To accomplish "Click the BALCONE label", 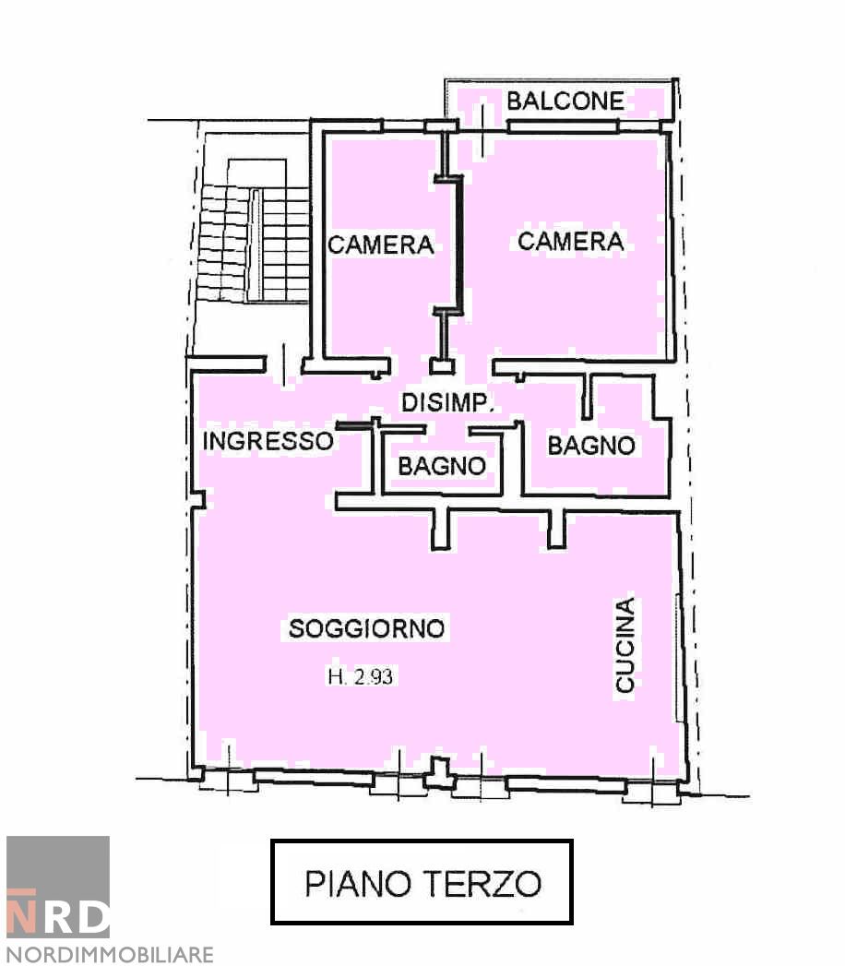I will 565,101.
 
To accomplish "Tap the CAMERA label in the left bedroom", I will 381,245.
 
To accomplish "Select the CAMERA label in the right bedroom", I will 571,241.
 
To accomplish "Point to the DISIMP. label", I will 449,403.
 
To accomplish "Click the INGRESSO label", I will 268,441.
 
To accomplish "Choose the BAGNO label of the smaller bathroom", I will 442,467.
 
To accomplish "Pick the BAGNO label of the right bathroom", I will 591,446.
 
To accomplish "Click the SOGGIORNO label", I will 367,629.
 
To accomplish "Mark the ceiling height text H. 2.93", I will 360,676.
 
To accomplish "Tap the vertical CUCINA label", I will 625,645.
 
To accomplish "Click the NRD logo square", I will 58,887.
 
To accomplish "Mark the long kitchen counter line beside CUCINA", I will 678,657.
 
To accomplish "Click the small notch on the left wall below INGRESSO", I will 196,499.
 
